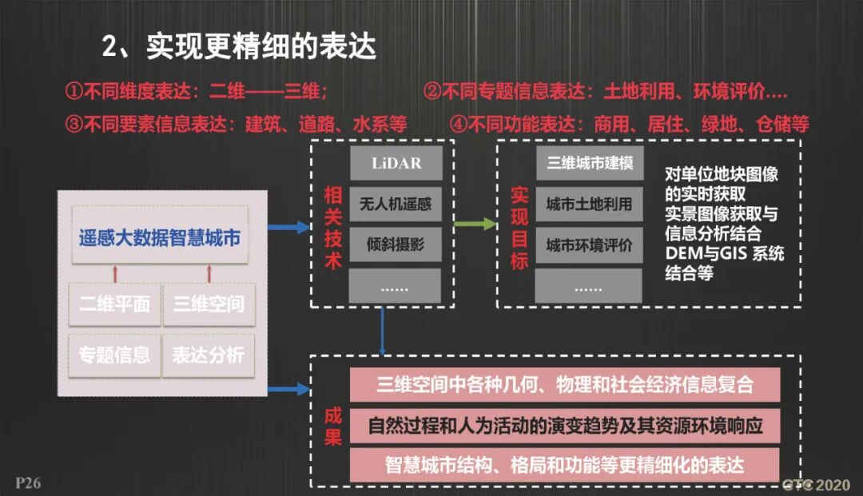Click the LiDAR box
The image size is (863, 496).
396,164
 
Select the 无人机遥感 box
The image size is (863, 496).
396,204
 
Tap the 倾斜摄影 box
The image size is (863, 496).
396,244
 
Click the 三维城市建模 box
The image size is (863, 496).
590,164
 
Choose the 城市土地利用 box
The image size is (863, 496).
590,204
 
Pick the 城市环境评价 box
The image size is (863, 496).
590,244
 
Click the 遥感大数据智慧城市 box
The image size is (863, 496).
160,237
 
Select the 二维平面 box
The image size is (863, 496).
114,304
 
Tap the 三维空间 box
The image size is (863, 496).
209,304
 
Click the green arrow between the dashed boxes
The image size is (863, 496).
475,224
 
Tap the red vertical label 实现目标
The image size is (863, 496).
519,227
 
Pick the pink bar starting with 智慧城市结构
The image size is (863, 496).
565,465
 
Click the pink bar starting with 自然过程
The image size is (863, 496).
565,425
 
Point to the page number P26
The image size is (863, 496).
28,482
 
